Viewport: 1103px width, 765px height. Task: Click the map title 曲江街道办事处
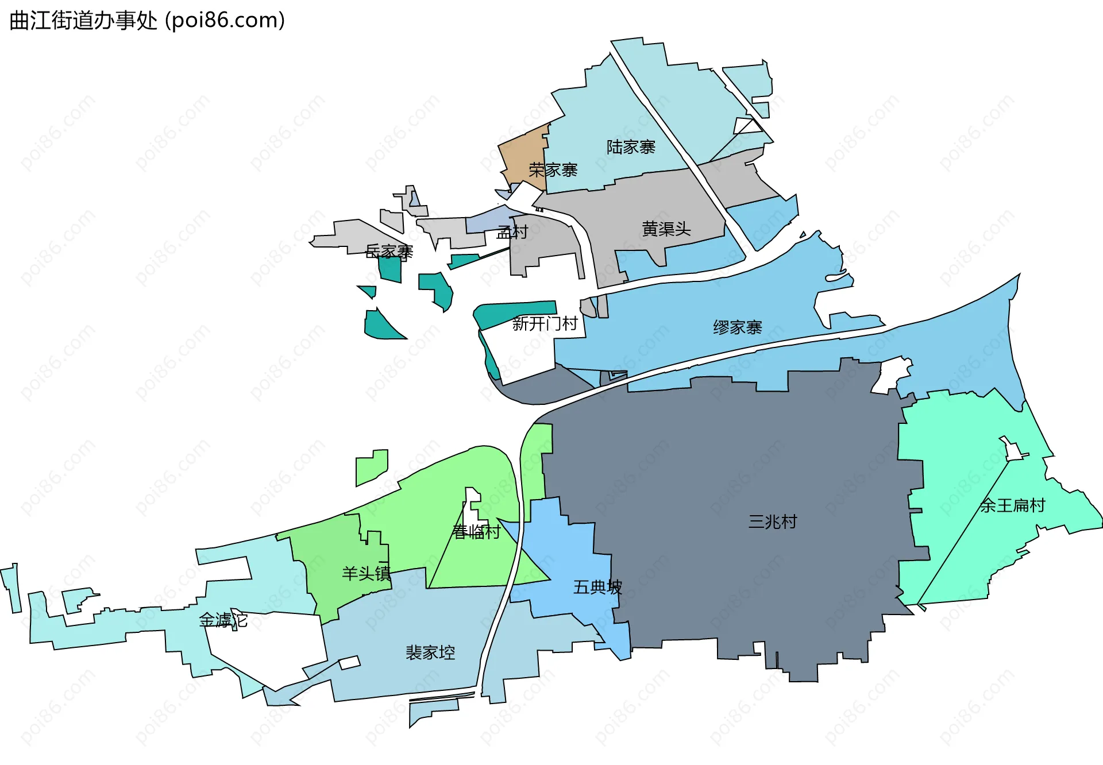pyautogui.click(x=83, y=21)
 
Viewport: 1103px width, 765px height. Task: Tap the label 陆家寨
pyautogui.click(x=631, y=147)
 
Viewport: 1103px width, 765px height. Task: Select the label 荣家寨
pyautogui.click(x=553, y=170)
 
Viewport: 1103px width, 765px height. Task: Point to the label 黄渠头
pyautogui.click(x=666, y=229)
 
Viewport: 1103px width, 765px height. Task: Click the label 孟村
pyautogui.click(x=512, y=232)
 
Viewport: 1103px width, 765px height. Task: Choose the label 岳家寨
pyautogui.click(x=389, y=252)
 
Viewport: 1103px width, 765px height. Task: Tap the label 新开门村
pyautogui.click(x=545, y=324)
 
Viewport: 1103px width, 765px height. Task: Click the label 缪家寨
pyautogui.click(x=737, y=327)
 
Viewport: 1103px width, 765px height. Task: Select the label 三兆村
pyautogui.click(x=773, y=521)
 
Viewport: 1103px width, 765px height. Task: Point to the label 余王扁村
pyautogui.click(x=1012, y=505)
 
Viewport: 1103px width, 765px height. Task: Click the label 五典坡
pyautogui.click(x=597, y=587)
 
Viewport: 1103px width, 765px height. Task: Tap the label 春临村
pyautogui.click(x=476, y=532)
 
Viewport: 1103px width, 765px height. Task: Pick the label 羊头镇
pyautogui.click(x=366, y=573)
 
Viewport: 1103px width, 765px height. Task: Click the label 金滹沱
pyautogui.click(x=223, y=620)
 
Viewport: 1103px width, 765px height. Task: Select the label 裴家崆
pyautogui.click(x=430, y=652)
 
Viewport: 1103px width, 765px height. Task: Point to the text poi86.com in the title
pyautogui.click(x=225, y=21)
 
